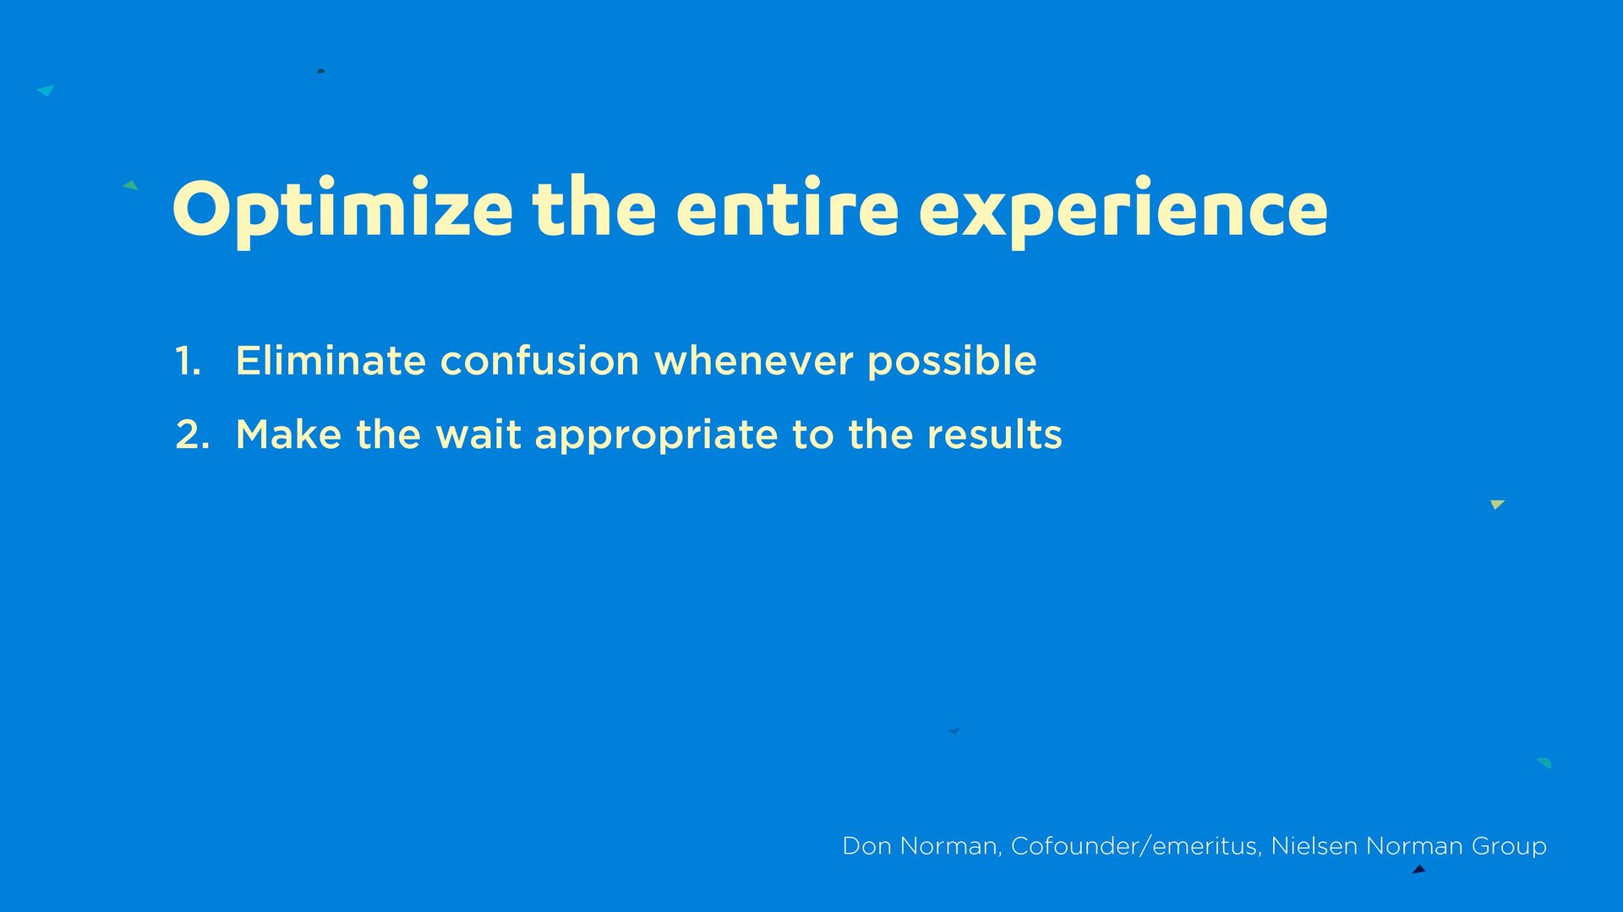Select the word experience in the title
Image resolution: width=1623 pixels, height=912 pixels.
[x=1123, y=211]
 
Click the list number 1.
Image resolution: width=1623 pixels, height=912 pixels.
[x=188, y=361]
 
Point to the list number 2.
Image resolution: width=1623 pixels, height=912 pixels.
[x=192, y=434]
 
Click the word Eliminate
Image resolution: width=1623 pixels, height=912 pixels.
[x=331, y=360]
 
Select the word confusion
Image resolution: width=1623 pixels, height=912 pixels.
[x=539, y=361]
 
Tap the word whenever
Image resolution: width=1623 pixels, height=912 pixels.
[x=754, y=362]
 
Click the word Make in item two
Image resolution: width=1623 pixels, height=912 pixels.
[x=288, y=434]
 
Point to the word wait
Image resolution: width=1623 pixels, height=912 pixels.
[x=478, y=434]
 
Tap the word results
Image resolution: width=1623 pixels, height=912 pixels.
[x=994, y=434]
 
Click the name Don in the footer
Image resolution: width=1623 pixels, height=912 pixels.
[x=866, y=846]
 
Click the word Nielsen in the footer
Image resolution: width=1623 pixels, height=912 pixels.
[x=1314, y=846]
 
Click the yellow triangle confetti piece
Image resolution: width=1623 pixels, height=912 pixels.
[x=1497, y=504]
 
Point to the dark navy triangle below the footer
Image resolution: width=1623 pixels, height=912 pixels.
[x=1419, y=869]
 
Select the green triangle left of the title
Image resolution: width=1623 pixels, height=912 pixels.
[x=131, y=185]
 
